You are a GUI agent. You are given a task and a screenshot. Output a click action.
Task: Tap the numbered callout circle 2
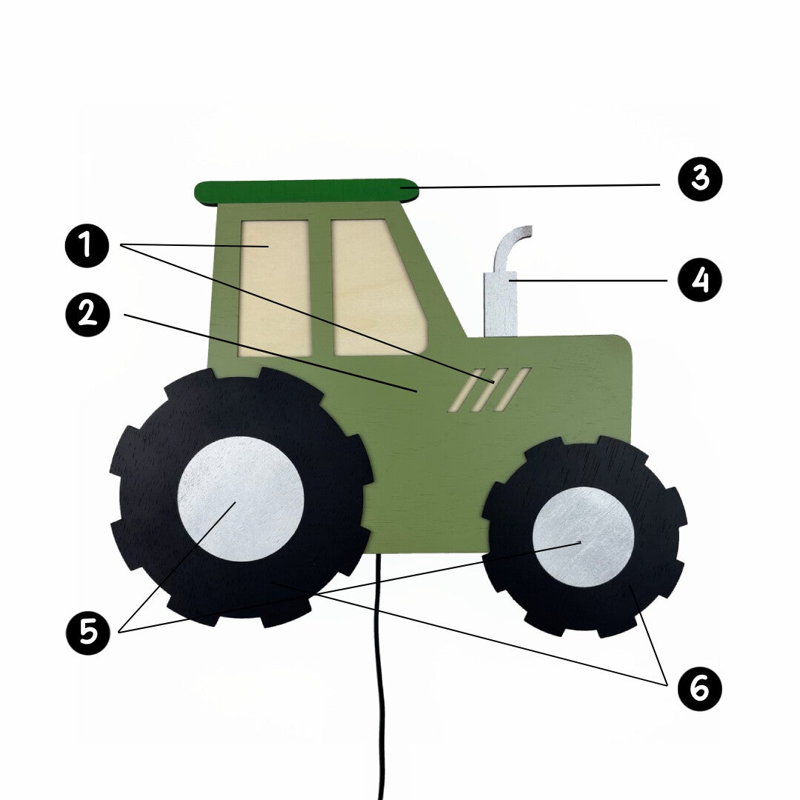pos(87,314)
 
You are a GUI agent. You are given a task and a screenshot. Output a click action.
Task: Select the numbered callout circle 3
pos(700,179)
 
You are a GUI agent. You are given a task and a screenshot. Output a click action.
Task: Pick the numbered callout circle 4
pos(700,279)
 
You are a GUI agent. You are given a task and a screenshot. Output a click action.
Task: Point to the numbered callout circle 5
pos(87,633)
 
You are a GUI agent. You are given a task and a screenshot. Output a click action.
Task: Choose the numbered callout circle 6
pos(700,689)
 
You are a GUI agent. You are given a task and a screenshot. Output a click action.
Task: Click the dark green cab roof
pos(307,193)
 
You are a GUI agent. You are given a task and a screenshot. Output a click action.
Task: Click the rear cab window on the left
pos(276,288)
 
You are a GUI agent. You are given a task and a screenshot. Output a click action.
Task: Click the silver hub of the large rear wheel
pos(241,499)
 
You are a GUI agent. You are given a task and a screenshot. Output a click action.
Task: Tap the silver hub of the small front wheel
pos(584,537)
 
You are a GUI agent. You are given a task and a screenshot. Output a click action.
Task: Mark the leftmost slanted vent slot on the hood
pos(467,390)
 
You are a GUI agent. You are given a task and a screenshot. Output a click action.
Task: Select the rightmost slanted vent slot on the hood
pos(513,390)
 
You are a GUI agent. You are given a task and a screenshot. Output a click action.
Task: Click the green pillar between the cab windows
pos(321,288)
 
